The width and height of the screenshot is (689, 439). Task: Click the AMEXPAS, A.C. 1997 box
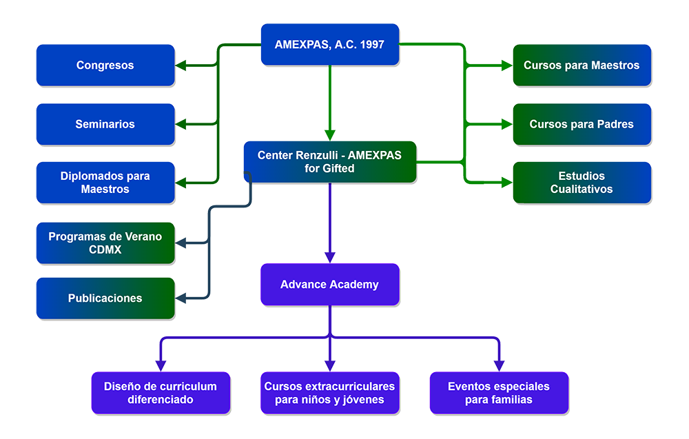(329, 45)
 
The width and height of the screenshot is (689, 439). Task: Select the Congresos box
(105, 65)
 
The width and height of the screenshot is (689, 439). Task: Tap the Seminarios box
(105, 124)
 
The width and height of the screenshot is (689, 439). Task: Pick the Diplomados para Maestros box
(105, 183)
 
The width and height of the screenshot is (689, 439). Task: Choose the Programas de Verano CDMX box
(105, 243)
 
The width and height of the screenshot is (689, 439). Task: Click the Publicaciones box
(105, 298)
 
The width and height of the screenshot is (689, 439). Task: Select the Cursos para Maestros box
(582, 65)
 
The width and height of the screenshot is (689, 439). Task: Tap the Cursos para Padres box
(582, 124)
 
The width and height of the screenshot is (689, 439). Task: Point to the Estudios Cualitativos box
(582, 183)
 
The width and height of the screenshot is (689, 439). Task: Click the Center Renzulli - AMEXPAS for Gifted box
(329, 162)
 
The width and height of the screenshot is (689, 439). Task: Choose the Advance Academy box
(329, 285)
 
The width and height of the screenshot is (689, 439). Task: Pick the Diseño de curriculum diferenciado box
(161, 393)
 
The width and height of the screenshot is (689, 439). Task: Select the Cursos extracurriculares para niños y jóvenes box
(329, 393)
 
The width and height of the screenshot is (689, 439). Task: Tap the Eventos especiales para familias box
(499, 393)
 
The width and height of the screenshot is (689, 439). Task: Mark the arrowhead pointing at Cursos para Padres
(506, 124)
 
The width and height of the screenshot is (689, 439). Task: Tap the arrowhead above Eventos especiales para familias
(499, 365)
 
